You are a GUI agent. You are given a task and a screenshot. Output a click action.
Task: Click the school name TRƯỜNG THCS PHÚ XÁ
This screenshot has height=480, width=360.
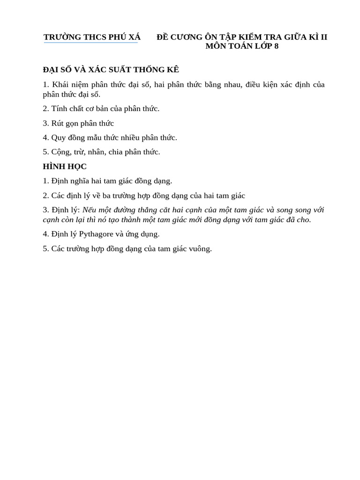click(92, 37)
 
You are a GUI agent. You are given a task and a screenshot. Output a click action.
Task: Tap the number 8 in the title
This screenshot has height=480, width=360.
click(276, 46)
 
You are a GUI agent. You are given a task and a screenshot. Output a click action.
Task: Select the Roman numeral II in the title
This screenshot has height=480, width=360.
click(323, 37)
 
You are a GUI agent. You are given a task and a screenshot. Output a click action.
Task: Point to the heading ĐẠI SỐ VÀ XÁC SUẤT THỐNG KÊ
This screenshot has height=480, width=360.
click(111, 70)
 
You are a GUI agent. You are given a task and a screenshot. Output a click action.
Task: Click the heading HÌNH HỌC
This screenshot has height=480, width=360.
click(65, 166)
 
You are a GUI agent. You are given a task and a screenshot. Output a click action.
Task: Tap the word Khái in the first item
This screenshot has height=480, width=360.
click(60, 85)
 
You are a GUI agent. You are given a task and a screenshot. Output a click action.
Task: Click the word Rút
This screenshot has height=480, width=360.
click(58, 123)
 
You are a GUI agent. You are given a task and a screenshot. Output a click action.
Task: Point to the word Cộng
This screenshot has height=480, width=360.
click(61, 152)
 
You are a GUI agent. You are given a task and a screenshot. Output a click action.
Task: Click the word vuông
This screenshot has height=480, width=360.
click(200, 248)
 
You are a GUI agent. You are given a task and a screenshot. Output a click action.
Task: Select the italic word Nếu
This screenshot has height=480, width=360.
click(90, 210)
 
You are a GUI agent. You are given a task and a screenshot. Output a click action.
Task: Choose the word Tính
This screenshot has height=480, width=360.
click(60, 109)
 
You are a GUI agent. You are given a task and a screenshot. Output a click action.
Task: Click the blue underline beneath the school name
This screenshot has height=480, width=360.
click(91, 43)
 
